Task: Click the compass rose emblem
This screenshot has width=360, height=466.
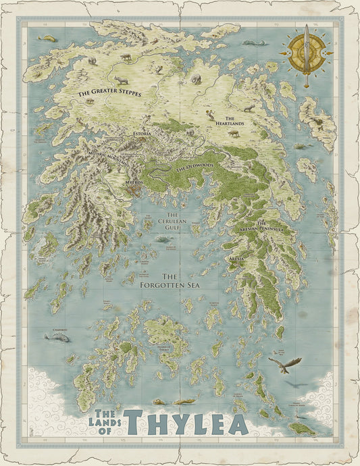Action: (307, 53)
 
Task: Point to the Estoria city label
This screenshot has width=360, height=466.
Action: (143, 134)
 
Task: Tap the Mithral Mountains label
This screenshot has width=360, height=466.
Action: (107, 160)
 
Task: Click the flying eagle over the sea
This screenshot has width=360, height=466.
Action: (284, 365)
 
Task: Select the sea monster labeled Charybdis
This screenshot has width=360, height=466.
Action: (57, 337)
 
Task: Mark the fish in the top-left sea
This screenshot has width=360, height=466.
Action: (47, 38)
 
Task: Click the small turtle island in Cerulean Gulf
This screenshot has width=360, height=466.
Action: (161, 238)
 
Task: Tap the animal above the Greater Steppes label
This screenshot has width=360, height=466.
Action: (121, 80)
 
